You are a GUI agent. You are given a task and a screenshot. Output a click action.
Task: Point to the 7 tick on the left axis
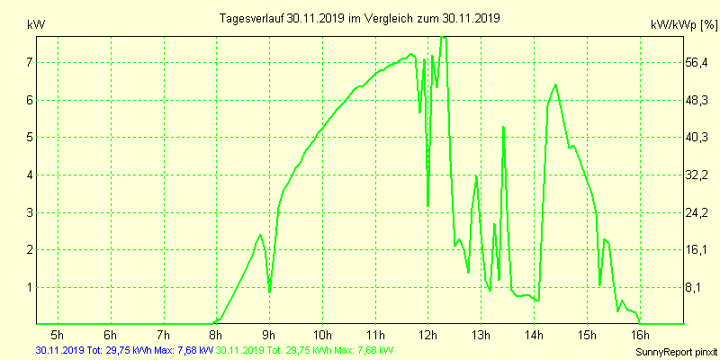click(x=29, y=62)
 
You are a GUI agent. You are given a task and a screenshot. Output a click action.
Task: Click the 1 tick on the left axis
click(x=29, y=287)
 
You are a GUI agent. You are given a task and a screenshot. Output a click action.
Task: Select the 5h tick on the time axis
click(x=58, y=336)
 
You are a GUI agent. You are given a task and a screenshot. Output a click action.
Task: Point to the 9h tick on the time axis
click(x=269, y=336)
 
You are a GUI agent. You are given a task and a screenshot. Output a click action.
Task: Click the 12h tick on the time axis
click(x=428, y=336)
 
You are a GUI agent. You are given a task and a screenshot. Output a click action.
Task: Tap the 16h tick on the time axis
click(x=640, y=336)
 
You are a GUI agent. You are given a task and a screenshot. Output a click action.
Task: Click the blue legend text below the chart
click(x=124, y=349)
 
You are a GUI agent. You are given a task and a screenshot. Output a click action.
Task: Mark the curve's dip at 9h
click(x=269, y=292)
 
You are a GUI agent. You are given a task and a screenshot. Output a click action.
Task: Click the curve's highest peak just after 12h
click(x=443, y=38)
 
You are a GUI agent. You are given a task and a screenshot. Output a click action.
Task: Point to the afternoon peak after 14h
click(x=555, y=85)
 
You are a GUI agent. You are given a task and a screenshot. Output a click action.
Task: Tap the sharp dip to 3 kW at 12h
click(x=428, y=205)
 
